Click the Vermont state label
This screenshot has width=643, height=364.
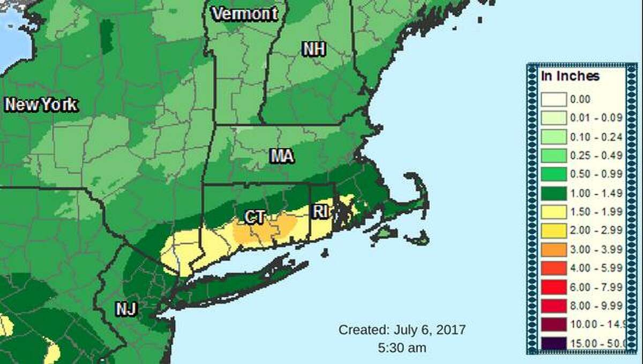pyautogui.click(x=245, y=14)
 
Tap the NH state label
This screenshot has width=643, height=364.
pyautogui.click(x=314, y=49)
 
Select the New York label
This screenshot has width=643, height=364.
pyautogui.click(x=41, y=105)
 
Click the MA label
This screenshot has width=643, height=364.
pyautogui.click(x=282, y=156)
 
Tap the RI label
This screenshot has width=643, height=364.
pyautogui.click(x=320, y=211)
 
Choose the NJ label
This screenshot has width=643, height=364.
pyautogui.click(x=126, y=309)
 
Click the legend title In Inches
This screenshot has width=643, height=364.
pyautogui.click(x=570, y=76)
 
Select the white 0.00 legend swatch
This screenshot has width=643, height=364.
pyautogui.click(x=553, y=100)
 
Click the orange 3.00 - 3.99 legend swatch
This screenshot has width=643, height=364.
pyautogui.click(x=553, y=249)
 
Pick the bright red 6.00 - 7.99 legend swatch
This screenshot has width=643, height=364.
pyautogui.click(x=553, y=287)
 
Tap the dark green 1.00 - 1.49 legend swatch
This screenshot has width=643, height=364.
pyautogui.click(x=553, y=193)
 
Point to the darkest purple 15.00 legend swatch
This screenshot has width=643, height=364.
pyautogui.click(x=553, y=343)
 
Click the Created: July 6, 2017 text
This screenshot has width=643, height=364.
pyautogui.click(x=402, y=329)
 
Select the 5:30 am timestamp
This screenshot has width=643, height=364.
pyautogui.click(x=402, y=347)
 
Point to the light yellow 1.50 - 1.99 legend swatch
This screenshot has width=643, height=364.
pyautogui.click(x=553, y=212)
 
